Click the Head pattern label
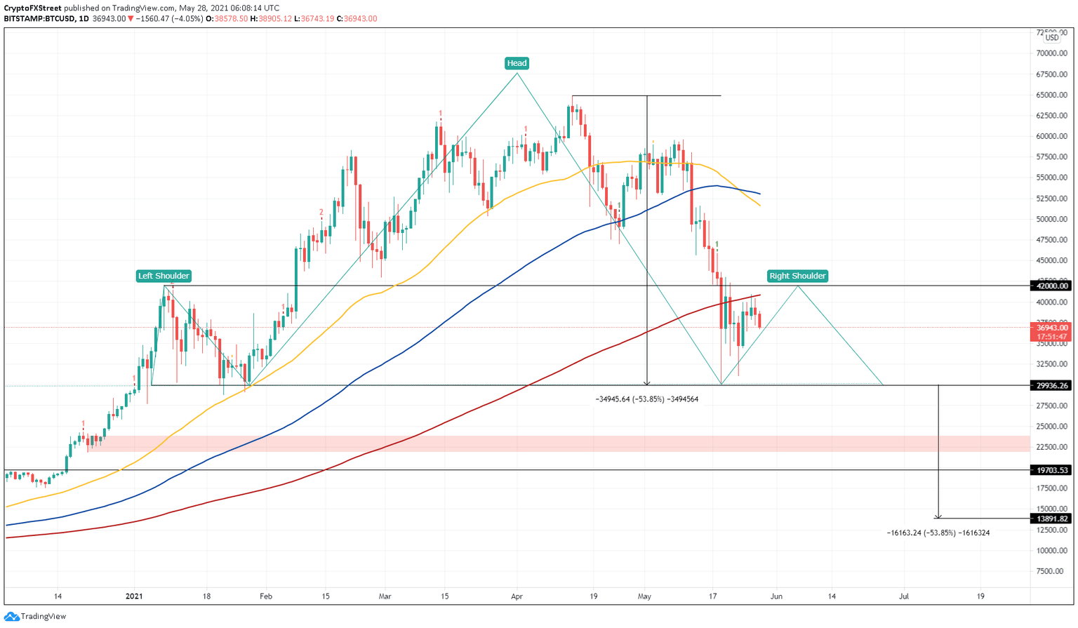point(517,63)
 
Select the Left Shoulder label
point(164,276)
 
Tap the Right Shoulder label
point(797,276)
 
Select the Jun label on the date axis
point(776,596)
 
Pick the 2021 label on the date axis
point(134,596)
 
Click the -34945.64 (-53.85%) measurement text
point(646,399)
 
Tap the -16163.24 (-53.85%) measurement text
point(938,533)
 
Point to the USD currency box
point(1052,37)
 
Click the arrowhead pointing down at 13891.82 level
point(938,516)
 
